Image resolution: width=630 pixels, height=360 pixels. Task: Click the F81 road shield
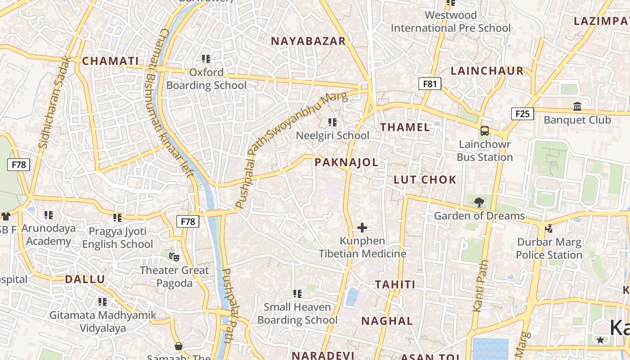pyautogui.click(x=430, y=84)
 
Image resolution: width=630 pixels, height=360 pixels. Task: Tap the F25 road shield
pyautogui.click(x=522, y=114)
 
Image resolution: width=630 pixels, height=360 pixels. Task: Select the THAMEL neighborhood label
pyautogui.click(x=405, y=127)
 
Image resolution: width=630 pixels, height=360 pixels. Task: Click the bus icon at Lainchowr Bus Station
pyautogui.click(x=485, y=131)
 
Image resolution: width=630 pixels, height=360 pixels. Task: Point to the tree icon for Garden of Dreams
pyautogui.click(x=479, y=202)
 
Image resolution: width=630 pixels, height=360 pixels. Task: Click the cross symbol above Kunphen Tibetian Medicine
pyautogui.click(x=362, y=228)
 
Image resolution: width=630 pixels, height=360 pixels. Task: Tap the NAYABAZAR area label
pyautogui.click(x=308, y=41)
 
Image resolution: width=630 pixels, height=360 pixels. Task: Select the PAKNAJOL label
pyautogui.click(x=346, y=162)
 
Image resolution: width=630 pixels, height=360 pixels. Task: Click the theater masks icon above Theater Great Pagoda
pyautogui.click(x=174, y=257)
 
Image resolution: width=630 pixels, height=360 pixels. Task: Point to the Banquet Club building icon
pyautogui.click(x=577, y=107)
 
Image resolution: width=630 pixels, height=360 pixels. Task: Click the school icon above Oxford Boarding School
pyautogui.click(x=206, y=59)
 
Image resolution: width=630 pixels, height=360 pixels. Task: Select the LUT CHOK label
pyautogui.click(x=425, y=180)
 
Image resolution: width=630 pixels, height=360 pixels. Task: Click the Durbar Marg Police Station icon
pyautogui.click(x=549, y=229)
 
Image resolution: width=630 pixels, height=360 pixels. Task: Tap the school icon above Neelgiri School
pyautogui.click(x=333, y=122)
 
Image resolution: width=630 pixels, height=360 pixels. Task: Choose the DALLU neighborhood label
pyautogui.click(x=85, y=279)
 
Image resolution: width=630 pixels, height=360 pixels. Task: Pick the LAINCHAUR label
pyautogui.click(x=487, y=71)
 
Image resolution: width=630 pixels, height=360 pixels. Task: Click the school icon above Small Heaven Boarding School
pyautogui.click(x=297, y=294)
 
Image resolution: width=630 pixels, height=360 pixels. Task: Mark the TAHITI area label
pyautogui.click(x=395, y=285)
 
